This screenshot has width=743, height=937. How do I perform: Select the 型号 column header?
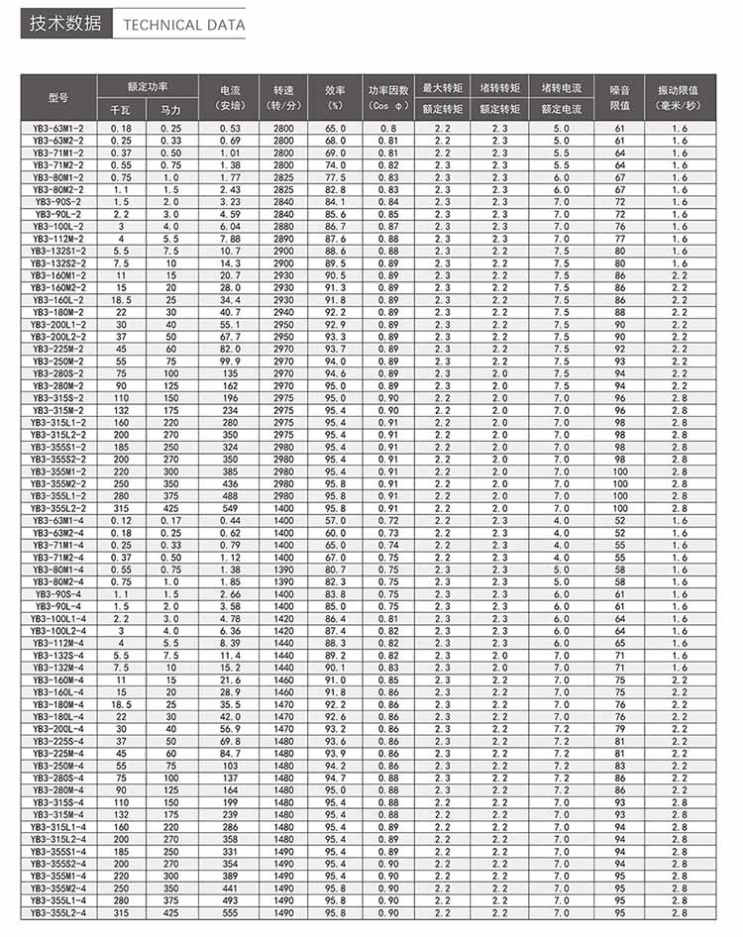click(57, 97)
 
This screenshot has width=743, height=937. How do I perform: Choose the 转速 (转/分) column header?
click(283, 97)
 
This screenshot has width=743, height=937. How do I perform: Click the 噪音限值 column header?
click(619, 97)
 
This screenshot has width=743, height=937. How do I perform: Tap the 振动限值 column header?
click(680, 97)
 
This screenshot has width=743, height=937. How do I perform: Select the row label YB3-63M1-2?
click(57, 129)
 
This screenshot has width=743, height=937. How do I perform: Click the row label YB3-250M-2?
click(57, 363)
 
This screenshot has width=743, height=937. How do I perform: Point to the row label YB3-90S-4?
click(57, 593)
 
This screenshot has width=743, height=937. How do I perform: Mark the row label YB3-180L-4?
click(57, 715)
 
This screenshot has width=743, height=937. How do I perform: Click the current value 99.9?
click(230, 363)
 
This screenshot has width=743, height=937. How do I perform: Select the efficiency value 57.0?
click(336, 520)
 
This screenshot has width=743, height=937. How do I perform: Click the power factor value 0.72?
click(387, 520)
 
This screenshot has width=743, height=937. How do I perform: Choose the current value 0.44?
click(230, 520)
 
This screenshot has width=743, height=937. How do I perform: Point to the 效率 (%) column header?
click(336, 97)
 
